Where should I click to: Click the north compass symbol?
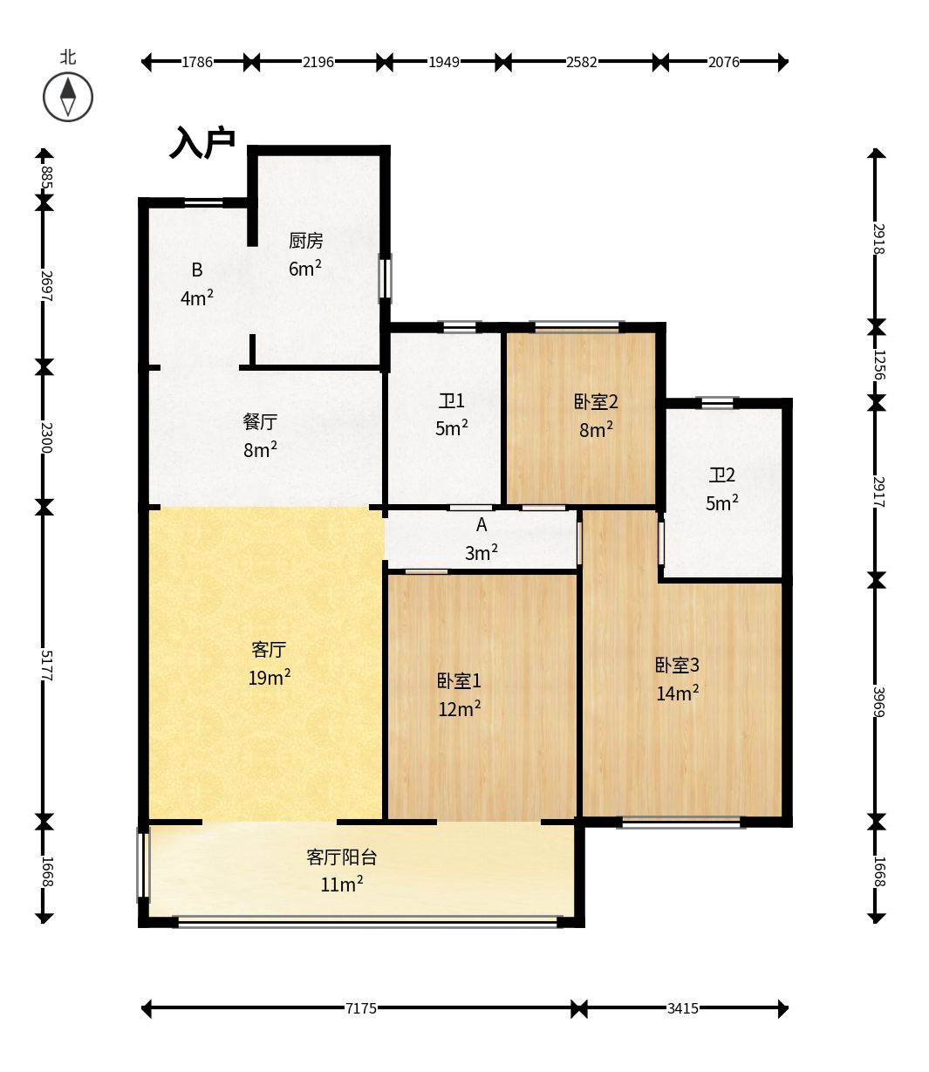point(68,97)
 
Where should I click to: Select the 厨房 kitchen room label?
point(305,241)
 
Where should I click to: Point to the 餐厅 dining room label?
point(260,421)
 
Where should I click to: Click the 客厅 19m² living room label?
point(269,664)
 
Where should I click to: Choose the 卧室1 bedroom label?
point(459,681)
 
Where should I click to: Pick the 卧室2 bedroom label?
point(596,402)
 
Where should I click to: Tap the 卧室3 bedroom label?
point(677,665)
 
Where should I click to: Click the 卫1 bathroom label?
point(451,401)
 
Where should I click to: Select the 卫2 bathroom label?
point(721,475)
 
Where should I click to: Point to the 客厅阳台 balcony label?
point(341,857)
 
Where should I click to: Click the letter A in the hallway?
point(482,525)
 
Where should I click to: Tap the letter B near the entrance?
point(196,270)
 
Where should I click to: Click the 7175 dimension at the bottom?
point(361,1008)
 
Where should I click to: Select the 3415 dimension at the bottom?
point(683,1008)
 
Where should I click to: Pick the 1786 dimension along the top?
point(197,62)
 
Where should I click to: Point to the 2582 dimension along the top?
point(582,62)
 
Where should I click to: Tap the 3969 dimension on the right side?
point(878,702)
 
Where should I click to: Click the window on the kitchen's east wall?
point(385,278)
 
